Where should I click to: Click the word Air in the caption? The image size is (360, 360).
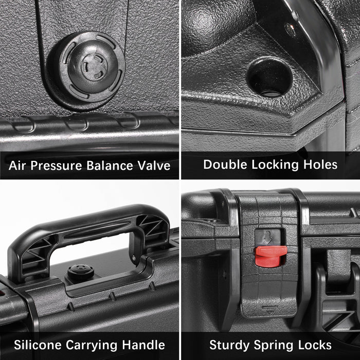pyautogui.click(x=16, y=165)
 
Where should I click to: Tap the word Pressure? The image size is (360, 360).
pyautogui.click(x=56, y=165)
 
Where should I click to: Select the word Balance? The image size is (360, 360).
pyautogui.click(x=110, y=165)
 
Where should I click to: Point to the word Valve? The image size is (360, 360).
pyautogui.click(x=154, y=165)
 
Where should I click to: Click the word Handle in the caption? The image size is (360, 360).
pyautogui.click(x=143, y=345)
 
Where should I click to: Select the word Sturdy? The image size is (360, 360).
pyautogui.click(x=229, y=345)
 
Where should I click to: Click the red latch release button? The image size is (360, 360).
pyautogui.click(x=271, y=256)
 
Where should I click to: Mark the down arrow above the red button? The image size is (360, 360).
pyautogui.click(x=267, y=238)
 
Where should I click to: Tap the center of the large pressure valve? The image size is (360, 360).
pyautogui.click(x=94, y=66)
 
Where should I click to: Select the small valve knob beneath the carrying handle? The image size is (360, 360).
pyautogui.click(x=81, y=272)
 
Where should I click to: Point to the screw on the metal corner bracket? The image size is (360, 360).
pyautogui.click(x=290, y=30)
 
